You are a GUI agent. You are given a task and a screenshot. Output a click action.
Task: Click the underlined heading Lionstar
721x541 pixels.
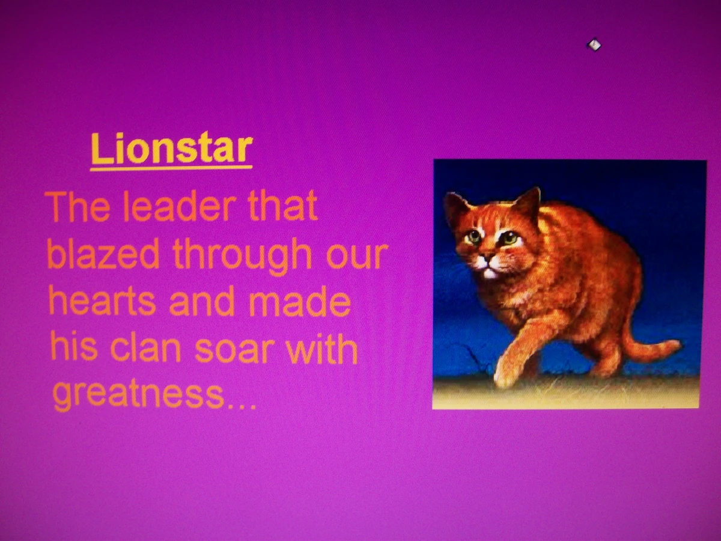click(171, 150)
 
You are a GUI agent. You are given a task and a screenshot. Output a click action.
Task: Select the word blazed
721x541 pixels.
click(103, 255)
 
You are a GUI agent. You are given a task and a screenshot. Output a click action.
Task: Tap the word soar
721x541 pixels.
click(243, 349)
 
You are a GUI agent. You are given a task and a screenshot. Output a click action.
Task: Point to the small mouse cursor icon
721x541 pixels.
click(594, 45)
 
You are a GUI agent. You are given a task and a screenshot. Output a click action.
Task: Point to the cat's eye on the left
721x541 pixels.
click(473, 236)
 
